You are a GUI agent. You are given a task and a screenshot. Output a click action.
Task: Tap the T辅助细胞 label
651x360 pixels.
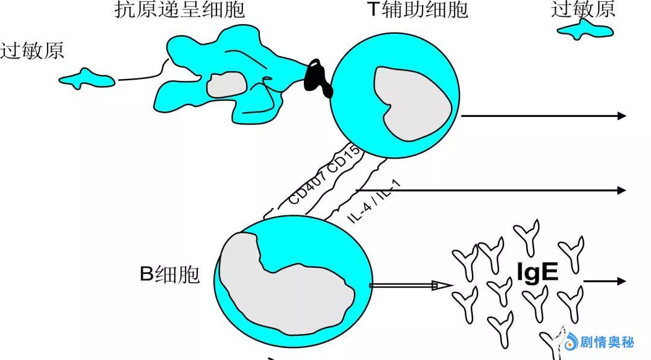pos(417,10)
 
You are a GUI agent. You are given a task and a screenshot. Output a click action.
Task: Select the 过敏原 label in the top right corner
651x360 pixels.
pos(583,8)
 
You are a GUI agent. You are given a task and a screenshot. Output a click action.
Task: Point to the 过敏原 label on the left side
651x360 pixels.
pos(32,51)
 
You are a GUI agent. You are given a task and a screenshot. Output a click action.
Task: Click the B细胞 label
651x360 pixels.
pos(169,274)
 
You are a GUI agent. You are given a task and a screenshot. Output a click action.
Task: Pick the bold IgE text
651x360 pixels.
pos(538,273)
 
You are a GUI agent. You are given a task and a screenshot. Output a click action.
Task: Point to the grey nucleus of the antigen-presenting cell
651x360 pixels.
pos(226,84)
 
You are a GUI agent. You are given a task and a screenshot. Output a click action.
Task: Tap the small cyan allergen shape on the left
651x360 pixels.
pos(87,78)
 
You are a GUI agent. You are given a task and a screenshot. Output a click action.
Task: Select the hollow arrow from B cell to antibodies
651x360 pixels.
pos(410,286)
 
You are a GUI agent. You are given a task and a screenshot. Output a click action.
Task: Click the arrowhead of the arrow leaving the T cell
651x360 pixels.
pos(622,116)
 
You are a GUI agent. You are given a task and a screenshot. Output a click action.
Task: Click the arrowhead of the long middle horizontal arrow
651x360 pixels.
pos(622,190)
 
